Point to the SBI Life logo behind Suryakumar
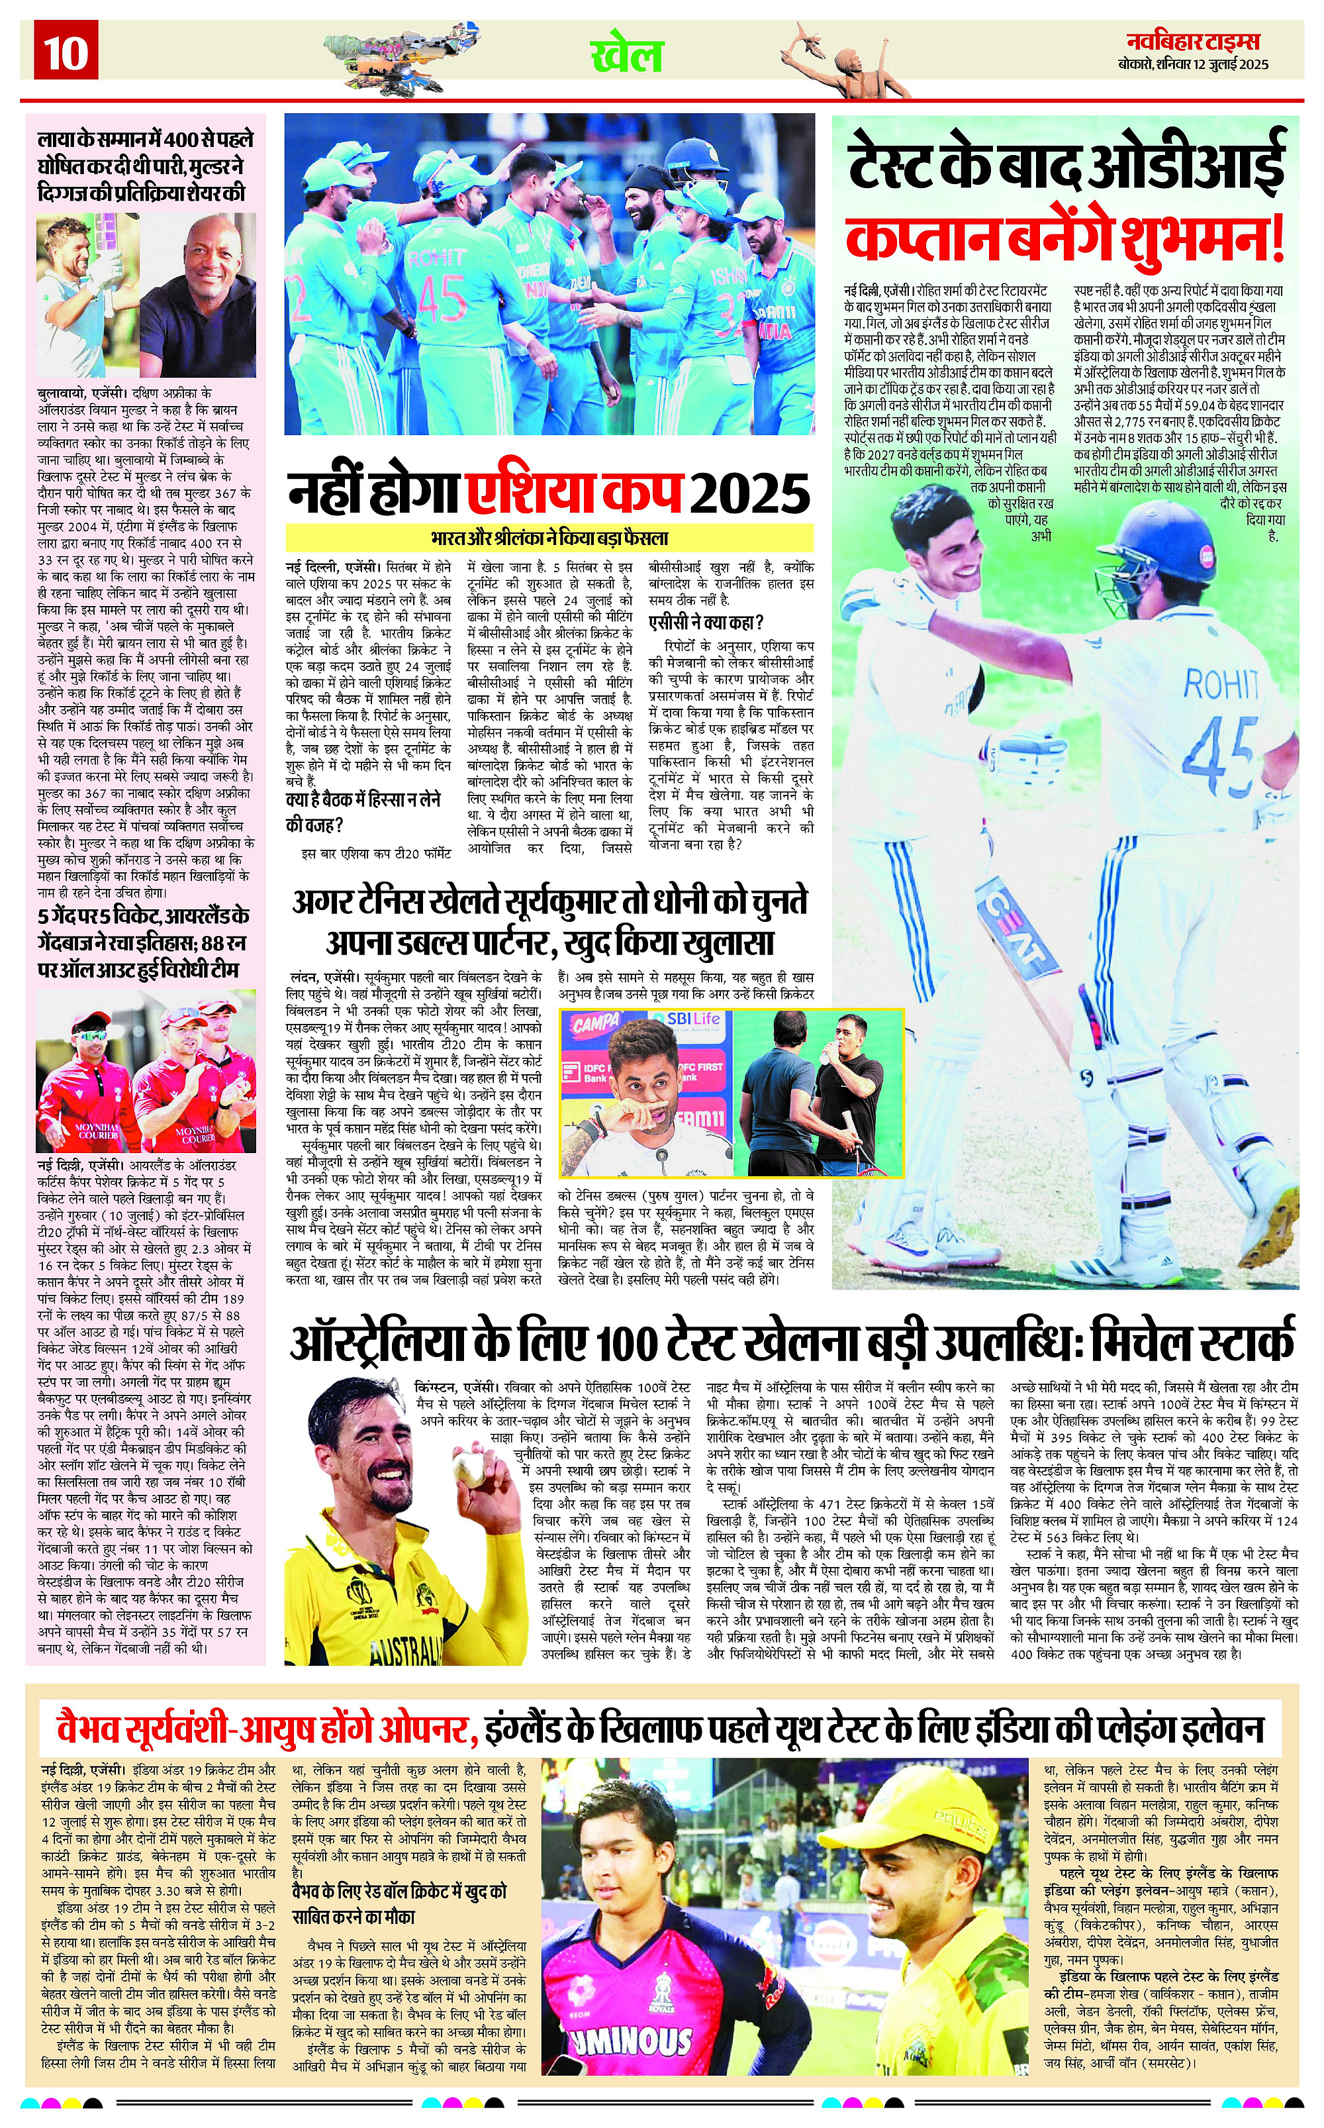click(692, 1019)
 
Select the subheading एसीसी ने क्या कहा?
click(706, 622)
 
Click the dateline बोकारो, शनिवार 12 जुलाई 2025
click(1193, 64)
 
